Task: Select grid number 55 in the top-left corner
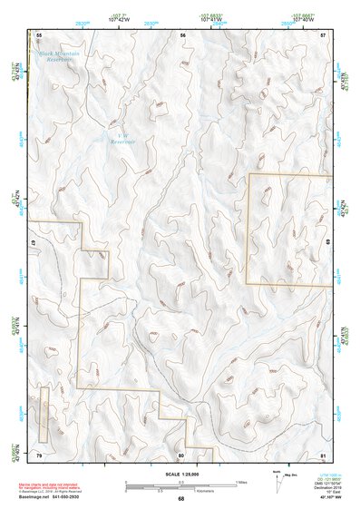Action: [x=39, y=34]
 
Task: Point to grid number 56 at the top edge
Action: [x=182, y=34]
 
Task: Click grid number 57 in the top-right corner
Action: [x=323, y=34]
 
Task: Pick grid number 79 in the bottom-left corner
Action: [x=39, y=453]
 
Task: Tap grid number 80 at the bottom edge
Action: [x=180, y=454]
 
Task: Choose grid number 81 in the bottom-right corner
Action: [x=323, y=453]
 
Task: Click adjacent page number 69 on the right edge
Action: [x=327, y=243]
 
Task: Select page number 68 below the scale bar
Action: [x=180, y=498]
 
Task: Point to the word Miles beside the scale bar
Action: [x=238, y=482]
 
